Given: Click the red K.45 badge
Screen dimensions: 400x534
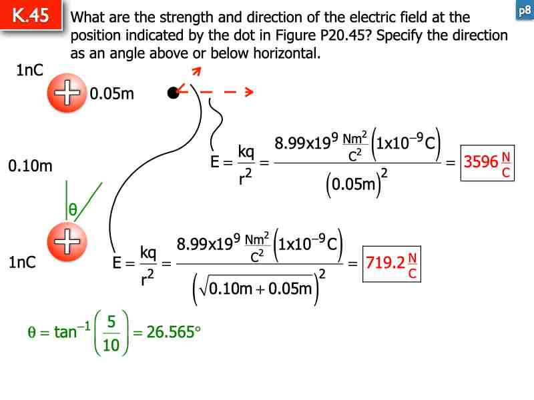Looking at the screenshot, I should [x=31, y=16].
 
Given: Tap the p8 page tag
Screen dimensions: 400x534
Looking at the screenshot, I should [x=524, y=11].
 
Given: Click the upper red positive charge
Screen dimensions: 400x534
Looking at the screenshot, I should [x=67, y=93].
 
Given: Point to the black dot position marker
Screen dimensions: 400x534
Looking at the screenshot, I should [x=173, y=93].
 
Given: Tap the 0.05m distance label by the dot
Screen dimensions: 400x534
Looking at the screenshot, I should [x=112, y=94].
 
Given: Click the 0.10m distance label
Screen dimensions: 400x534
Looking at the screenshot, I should [x=30, y=166].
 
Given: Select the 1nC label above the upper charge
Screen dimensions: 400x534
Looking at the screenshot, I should [x=30, y=70].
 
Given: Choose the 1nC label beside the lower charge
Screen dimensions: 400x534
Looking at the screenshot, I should [x=22, y=263].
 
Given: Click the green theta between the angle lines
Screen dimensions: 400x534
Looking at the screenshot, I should [x=73, y=211].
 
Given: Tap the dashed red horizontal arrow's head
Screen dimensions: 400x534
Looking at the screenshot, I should [x=248, y=93].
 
